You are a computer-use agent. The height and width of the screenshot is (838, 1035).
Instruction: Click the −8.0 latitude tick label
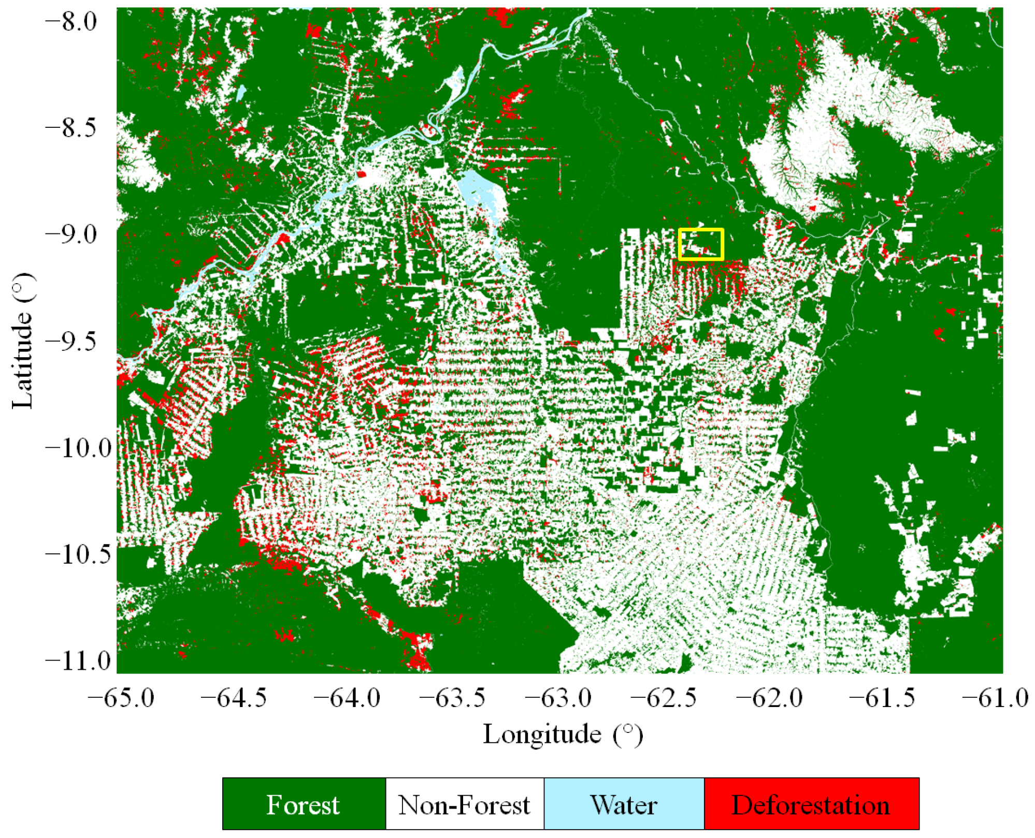click(71, 22)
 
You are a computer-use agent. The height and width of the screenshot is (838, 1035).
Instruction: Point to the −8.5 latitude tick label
click(71, 128)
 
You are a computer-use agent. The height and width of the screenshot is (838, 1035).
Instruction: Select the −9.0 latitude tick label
click(71, 234)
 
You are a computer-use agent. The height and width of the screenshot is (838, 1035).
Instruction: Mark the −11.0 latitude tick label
click(71, 661)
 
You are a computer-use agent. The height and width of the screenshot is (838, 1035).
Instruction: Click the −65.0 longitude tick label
click(121, 698)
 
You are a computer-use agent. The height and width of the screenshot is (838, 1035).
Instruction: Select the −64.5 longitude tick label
click(234, 698)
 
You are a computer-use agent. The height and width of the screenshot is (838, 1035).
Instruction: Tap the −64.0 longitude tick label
click(347, 698)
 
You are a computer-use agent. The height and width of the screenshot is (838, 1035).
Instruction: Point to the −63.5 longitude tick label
click(452, 698)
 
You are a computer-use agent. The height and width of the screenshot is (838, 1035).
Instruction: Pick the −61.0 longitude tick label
click(995, 698)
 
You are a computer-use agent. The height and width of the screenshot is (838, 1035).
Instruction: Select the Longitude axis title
click(563, 734)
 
